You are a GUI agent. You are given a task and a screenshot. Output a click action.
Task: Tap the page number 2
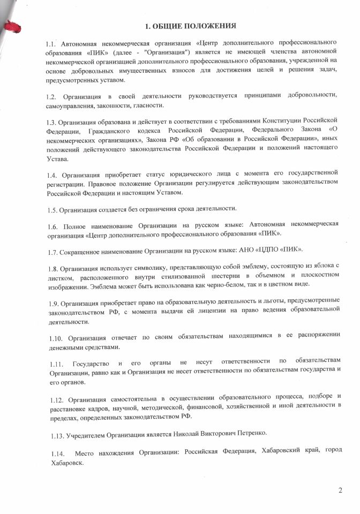click(340, 490)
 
